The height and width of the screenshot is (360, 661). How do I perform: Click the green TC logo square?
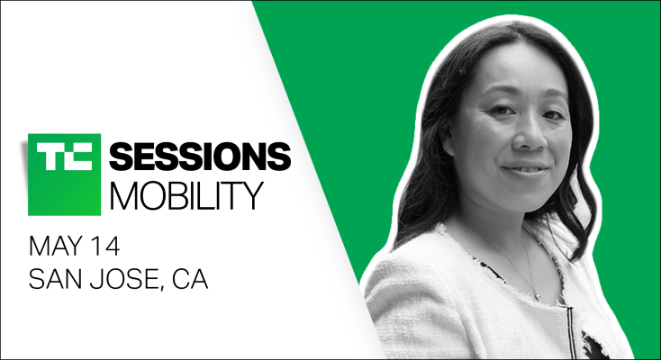pyautogui.click(x=64, y=175)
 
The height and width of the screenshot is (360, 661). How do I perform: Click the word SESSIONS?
pyautogui.click(x=200, y=157)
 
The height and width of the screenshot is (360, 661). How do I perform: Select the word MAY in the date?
pyautogui.click(x=54, y=247)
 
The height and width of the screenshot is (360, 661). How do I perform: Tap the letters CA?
pyautogui.click(x=190, y=279)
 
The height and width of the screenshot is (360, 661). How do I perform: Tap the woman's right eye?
pyautogui.click(x=503, y=111)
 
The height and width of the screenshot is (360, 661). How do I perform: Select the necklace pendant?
pyautogui.click(x=537, y=295)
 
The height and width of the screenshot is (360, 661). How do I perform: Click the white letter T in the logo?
pyautogui.click(x=49, y=155)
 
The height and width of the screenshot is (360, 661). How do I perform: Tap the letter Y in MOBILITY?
pyautogui.click(x=252, y=196)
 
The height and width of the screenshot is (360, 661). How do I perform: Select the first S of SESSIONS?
pyautogui.click(x=121, y=157)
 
